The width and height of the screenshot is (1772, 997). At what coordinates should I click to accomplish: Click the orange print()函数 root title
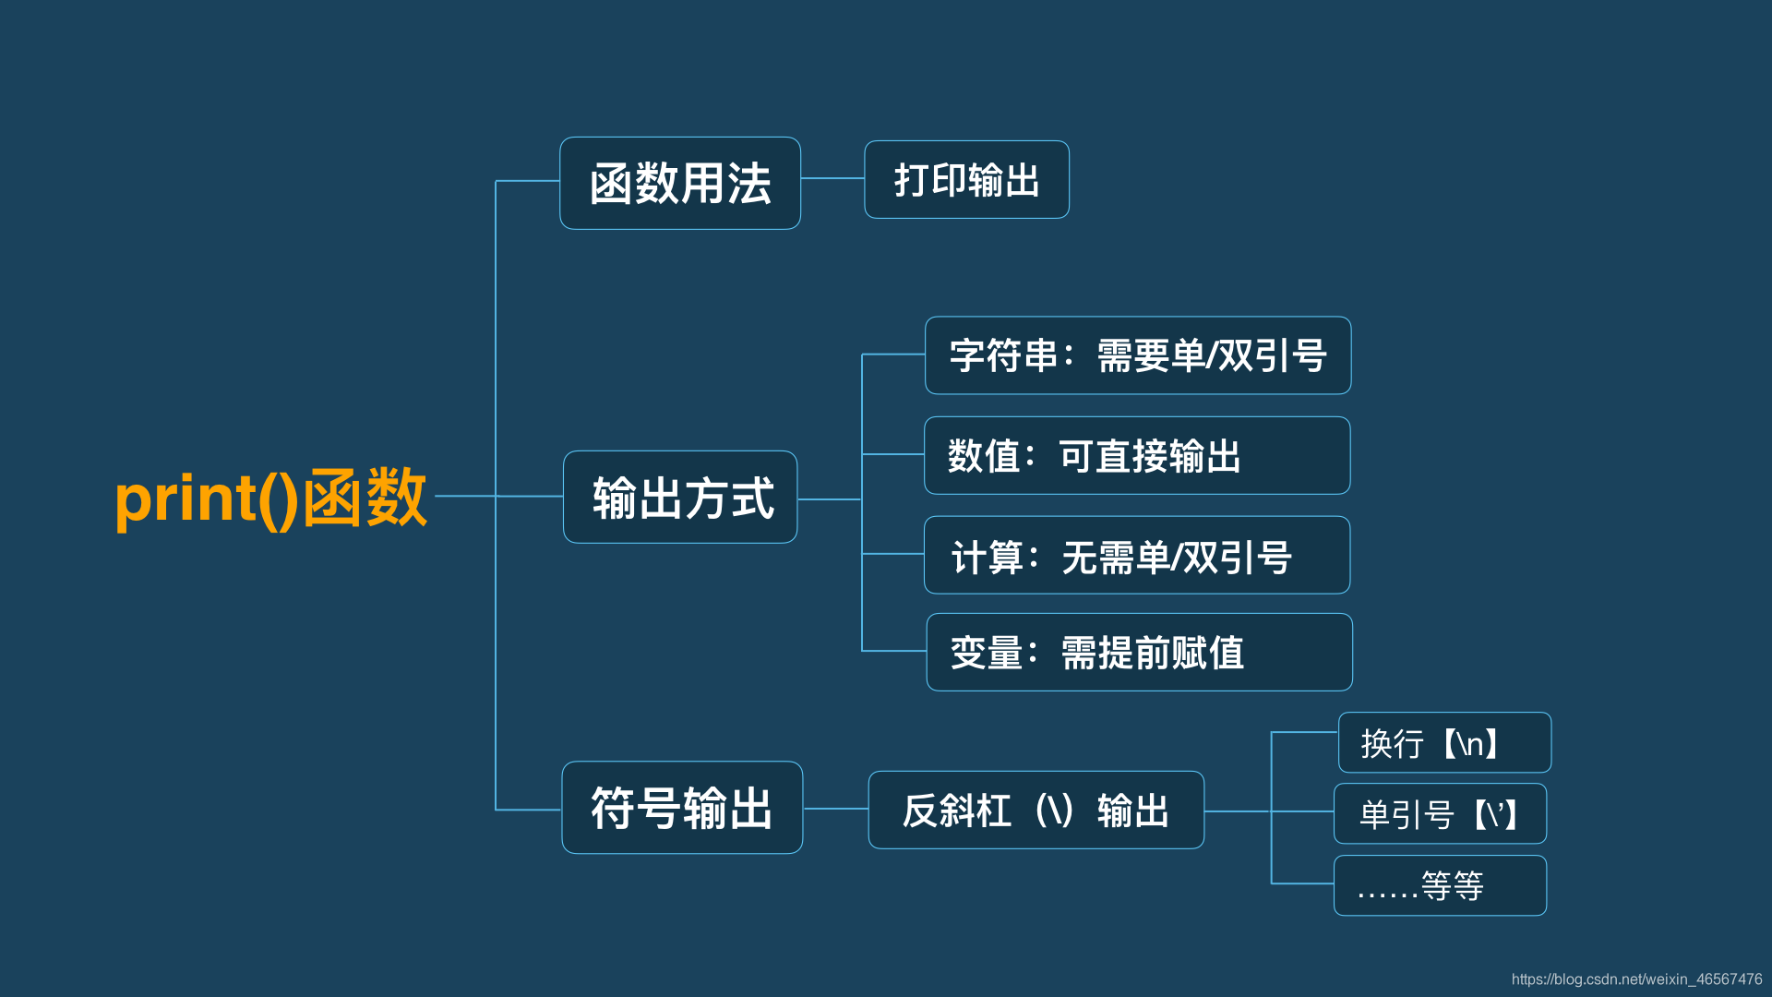pyautogui.click(x=270, y=498)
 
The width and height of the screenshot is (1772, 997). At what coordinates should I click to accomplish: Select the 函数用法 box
pyautogui.click(x=680, y=183)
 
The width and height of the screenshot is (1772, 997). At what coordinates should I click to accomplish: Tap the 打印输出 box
pyautogui.click(x=966, y=180)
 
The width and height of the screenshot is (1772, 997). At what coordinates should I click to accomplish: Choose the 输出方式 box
pyautogui.click(x=680, y=498)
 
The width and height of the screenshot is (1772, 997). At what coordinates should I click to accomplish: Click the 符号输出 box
pyautogui.click(x=682, y=808)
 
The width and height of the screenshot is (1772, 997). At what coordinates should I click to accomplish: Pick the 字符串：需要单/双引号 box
pyautogui.click(x=1138, y=355)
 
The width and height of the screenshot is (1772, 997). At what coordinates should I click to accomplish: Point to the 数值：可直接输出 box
pyautogui.click(x=1137, y=456)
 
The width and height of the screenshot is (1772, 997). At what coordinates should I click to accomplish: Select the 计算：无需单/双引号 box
pyautogui.click(x=1137, y=556)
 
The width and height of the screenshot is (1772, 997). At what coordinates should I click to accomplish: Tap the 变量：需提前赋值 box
pyautogui.click(x=1139, y=653)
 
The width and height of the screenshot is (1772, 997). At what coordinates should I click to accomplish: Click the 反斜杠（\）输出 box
pyautogui.click(x=1036, y=811)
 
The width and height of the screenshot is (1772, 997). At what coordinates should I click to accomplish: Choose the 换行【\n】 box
pyautogui.click(x=1444, y=743)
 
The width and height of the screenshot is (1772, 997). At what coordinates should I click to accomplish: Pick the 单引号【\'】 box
pyautogui.click(x=1440, y=814)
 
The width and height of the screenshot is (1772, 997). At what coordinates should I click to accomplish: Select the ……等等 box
pyautogui.click(x=1440, y=886)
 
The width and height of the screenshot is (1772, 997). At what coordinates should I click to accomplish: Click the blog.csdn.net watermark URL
pyautogui.click(x=1636, y=979)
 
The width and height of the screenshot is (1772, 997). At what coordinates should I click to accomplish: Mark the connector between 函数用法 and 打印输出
pyautogui.click(x=832, y=178)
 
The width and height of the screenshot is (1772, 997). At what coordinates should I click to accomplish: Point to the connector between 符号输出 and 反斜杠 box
pyautogui.click(x=835, y=809)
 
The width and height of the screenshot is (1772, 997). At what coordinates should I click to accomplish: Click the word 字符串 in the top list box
pyautogui.click(x=1003, y=355)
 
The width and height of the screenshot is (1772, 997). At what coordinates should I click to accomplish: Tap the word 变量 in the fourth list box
pyautogui.click(x=986, y=653)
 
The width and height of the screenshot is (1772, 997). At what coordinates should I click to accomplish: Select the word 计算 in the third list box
pyautogui.click(x=987, y=558)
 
